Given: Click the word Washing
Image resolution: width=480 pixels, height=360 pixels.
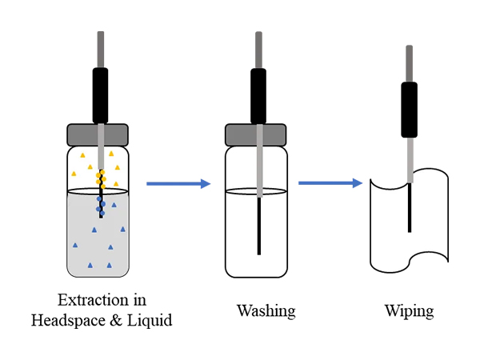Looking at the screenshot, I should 266,310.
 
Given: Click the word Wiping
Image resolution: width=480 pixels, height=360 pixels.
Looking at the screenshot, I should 409,310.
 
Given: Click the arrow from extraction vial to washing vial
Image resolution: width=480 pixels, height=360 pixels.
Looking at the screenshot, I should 178,184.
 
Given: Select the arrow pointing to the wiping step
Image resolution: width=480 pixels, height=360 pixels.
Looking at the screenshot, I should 330,183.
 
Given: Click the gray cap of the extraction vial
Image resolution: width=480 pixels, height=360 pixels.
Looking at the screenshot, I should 99,134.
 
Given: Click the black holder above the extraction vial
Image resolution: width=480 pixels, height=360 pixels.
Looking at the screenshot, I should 100,95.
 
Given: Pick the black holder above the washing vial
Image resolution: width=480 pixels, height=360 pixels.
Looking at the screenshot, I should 258,95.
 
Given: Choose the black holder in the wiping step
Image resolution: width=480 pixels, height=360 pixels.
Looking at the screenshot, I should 410,110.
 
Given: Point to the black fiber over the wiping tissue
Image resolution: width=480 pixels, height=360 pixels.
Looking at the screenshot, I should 410,208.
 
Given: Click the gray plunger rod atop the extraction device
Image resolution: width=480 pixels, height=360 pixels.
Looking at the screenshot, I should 100,50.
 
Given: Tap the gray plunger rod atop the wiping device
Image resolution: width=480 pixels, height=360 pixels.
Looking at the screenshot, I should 410,63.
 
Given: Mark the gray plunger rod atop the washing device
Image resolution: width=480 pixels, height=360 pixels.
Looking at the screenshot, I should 258,50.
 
